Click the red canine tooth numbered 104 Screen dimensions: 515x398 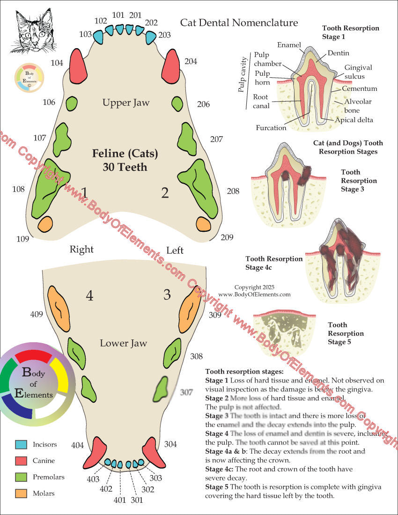tap(79, 65)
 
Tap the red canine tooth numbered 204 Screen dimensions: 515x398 tap(170, 65)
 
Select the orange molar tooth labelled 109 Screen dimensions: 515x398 tap(46, 224)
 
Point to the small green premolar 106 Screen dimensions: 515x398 tap(71, 103)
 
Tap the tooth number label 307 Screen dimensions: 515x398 tap(186, 392)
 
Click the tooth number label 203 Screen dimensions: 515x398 tap(164, 35)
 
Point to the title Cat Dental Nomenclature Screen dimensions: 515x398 tap(239, 22)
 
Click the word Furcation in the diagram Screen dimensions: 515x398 tap(271, 127)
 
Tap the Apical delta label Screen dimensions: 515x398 tap(354, 120)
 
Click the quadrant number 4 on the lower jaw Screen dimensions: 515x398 tap(89, 295)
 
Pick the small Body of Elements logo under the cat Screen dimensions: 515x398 tap(29, 77)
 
